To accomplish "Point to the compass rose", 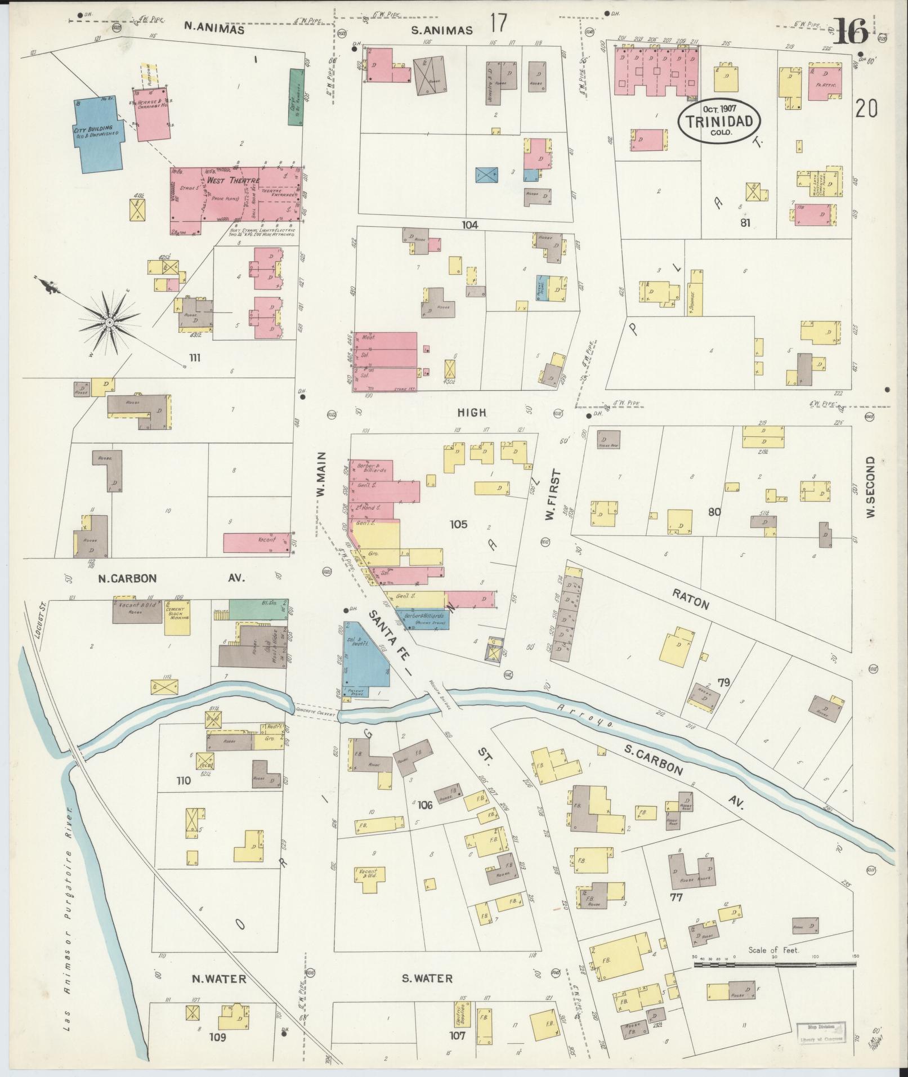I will coord(110,321).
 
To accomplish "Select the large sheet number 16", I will coord(850,33).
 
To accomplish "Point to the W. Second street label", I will coord(871,487).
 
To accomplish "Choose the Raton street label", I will coord(690,601).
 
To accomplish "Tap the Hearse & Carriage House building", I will coord(153,114).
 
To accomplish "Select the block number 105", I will coord(458,524).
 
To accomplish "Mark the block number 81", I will coord(745,222).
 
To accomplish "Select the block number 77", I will coord(676,897).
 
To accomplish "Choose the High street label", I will coord(471,413).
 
